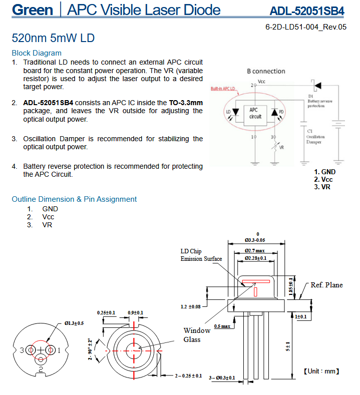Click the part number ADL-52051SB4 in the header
point(306,11)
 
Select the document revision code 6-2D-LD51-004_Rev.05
point(306,27)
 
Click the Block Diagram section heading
point(37,53)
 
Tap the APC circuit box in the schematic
point(255,115)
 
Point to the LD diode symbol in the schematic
point(235,112)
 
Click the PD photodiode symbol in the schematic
point(274,112)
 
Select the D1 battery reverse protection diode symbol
point(317,86)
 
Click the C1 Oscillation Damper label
point(315,137)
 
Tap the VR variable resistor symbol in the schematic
point(275,146)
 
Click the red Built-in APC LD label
point(223,89)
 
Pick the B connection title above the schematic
point(266,71)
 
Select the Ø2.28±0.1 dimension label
point(255,258)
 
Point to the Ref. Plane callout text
point(326,285)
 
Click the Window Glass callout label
point(197,335)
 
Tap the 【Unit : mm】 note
point(321,371)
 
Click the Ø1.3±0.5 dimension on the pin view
point(74,323)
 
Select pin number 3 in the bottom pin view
point(22,350)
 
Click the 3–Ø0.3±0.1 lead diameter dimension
point(222,378)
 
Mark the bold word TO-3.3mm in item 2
point(186,103)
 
